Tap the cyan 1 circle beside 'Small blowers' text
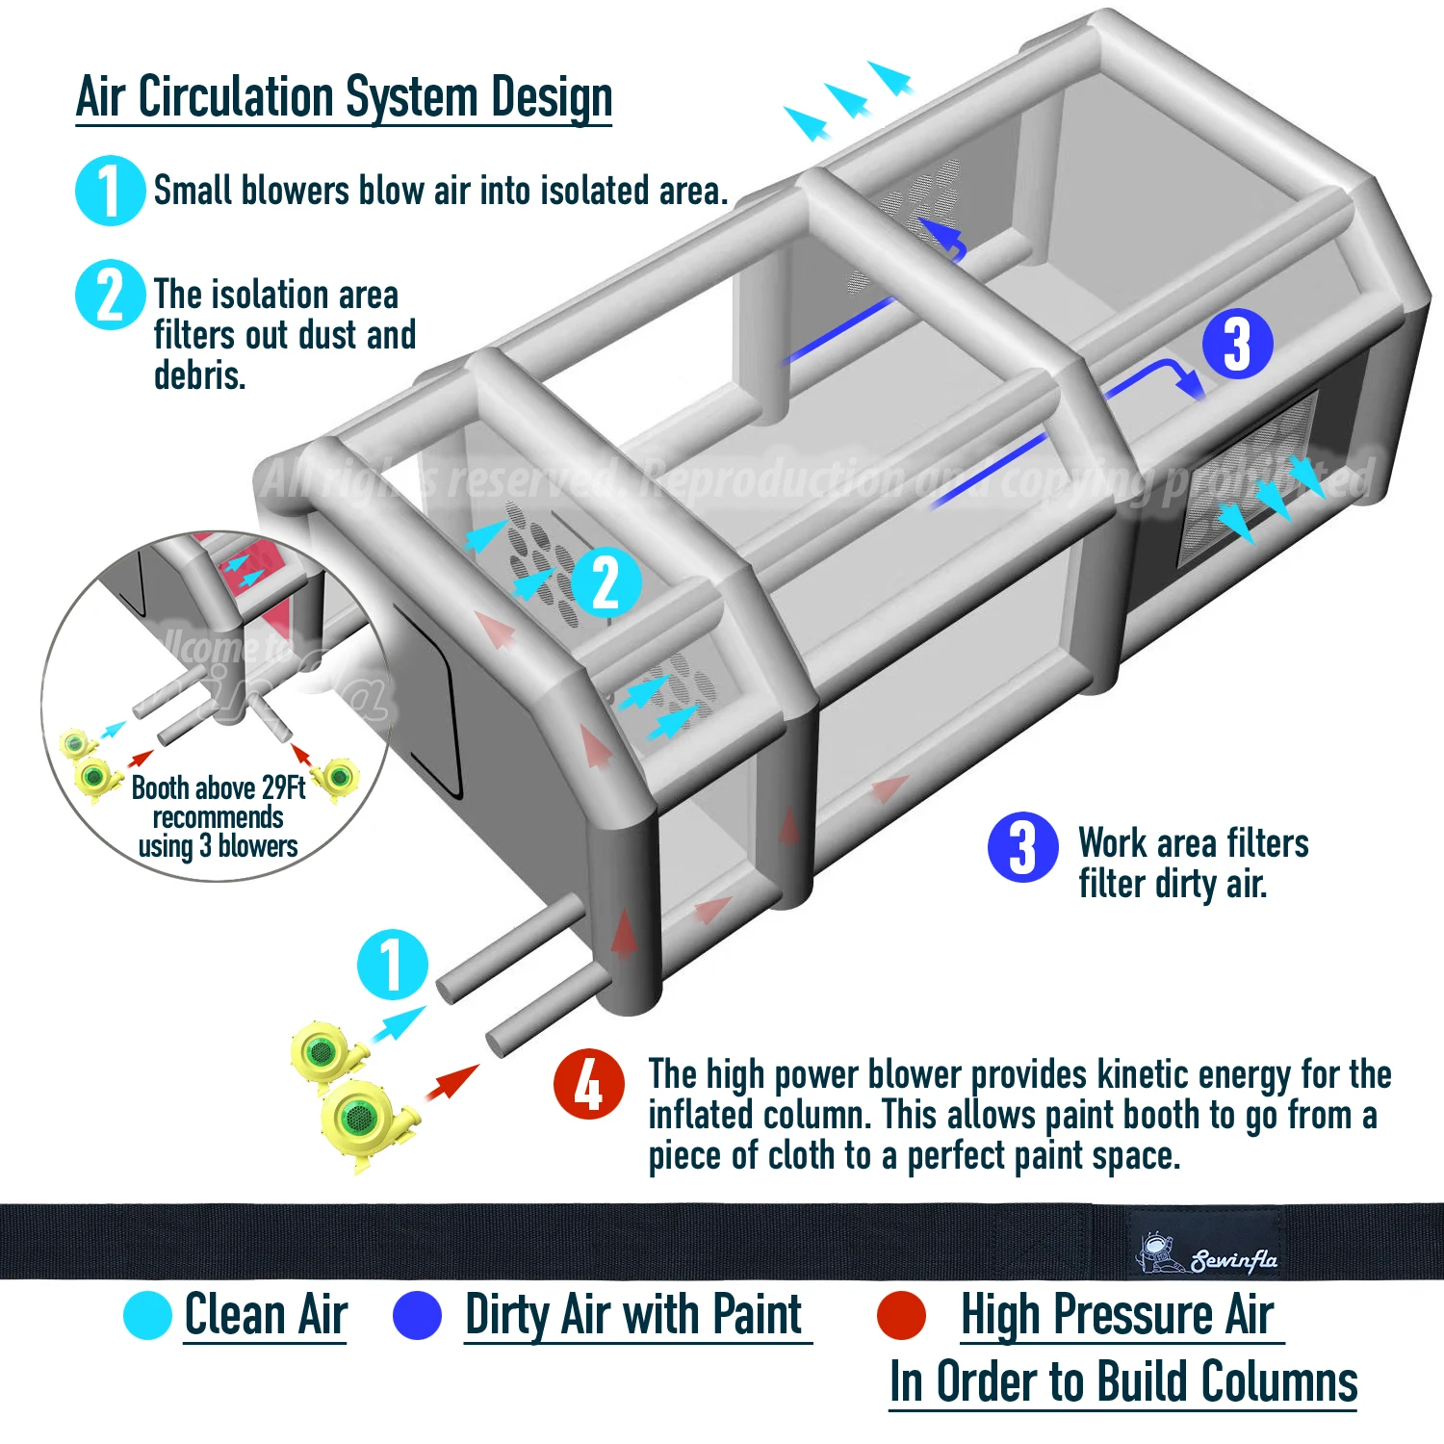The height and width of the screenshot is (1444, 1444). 110,191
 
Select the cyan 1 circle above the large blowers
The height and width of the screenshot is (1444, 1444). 392,964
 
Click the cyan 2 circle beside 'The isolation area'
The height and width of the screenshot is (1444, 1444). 110,295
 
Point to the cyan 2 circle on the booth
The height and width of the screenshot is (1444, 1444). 606,581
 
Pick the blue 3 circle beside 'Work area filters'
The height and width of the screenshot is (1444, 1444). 1022,847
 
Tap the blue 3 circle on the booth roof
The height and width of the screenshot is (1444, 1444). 1237,344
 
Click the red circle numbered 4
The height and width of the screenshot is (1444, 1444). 588,1084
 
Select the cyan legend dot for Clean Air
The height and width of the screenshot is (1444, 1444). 147,1315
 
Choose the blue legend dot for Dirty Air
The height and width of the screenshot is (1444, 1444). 417,1315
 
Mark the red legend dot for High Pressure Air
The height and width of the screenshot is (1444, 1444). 901,1315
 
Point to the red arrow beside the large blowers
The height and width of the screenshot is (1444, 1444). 451,1082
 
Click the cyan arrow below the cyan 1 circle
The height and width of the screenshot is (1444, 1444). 398,1022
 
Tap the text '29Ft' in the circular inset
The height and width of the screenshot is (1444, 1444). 283,787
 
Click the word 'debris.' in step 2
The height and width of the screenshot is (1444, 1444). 200,375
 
